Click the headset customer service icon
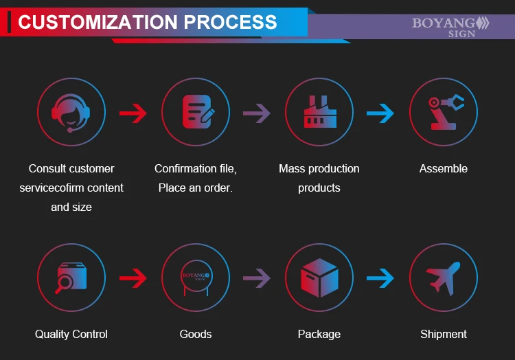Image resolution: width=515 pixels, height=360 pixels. tap(71, 112)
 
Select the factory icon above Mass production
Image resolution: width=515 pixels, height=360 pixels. tap(319, 112)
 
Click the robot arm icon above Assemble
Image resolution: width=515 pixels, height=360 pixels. tap(444, 112)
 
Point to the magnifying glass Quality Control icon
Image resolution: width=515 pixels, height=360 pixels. tap(71, 278)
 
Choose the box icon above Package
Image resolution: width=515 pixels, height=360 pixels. tap(319, 278)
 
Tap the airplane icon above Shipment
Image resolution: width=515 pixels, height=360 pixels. tap(444, 278)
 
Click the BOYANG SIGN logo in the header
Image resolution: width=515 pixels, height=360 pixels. tap(450, 26)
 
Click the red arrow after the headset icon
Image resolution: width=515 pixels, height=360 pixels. tap(133, 113)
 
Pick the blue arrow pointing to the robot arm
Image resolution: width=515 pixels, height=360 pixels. tap(381, 113)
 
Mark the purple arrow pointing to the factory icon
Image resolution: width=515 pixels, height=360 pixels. tap(257, 113)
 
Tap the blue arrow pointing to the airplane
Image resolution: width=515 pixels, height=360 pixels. tap(381, 278)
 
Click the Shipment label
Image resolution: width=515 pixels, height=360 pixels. tap(444, 335)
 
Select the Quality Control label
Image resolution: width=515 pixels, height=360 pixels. tap(71, 335)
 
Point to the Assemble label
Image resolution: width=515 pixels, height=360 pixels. tap(444, 169)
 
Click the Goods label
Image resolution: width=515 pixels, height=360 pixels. tap(196, 335)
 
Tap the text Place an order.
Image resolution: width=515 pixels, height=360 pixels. tap(196, 188)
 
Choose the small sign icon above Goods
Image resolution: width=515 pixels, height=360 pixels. tap(196, 278)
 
